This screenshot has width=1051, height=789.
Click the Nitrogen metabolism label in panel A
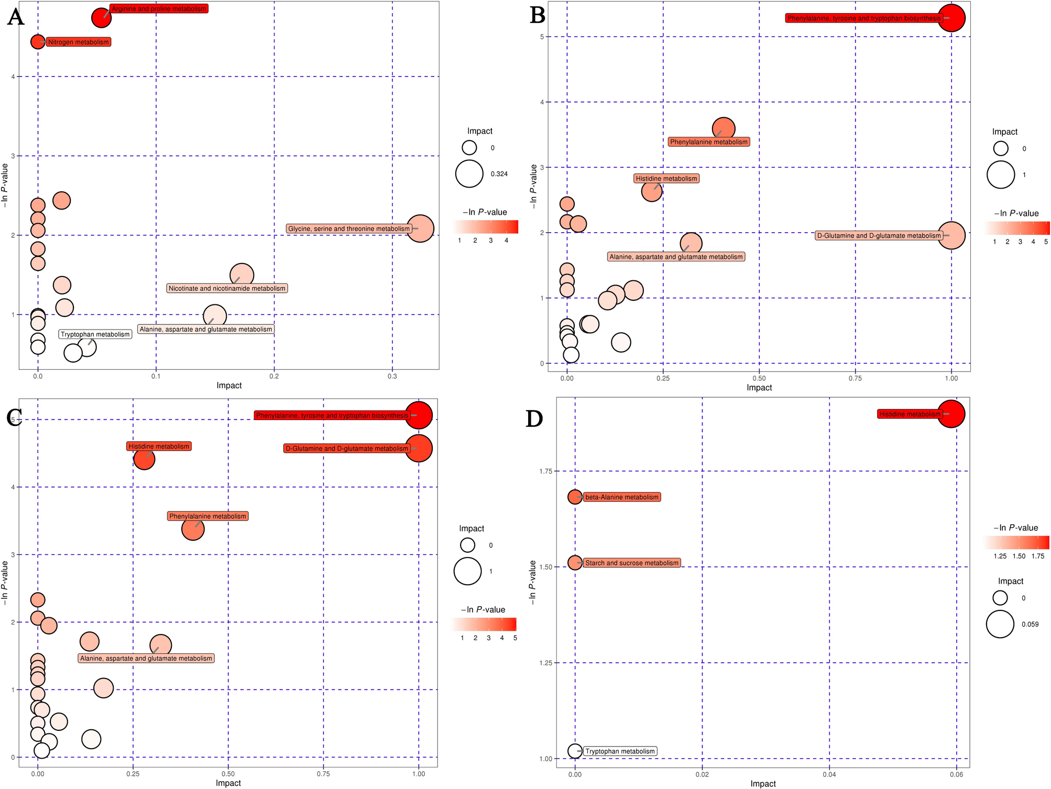(x=79, y=42)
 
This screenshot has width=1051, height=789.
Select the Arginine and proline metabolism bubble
(x=101, y=17)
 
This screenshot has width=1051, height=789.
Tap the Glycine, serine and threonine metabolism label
(x=349, y=229)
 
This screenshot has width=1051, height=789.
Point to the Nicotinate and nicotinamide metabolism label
(x=227, y=288)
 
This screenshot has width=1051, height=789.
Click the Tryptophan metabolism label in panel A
(x=95, y=334)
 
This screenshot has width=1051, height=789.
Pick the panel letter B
(x=538, y=16)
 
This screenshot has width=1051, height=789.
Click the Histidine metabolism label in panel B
(x=666, y=179)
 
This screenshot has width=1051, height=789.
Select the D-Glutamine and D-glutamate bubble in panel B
(x=951, y=235)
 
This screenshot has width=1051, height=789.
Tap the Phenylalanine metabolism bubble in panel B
(x=723, y=128)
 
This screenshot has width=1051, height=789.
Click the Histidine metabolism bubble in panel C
(x=144, y=459)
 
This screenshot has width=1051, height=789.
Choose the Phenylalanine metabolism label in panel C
(x=207, y=516)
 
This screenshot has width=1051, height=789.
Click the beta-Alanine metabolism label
(x=621, y=497)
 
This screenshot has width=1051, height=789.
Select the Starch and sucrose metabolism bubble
(x=575, y=563)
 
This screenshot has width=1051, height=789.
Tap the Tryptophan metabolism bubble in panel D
(x=575, y=751)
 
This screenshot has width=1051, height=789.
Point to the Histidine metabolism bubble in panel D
(x=950, y=414)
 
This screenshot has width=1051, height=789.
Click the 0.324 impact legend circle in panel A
(x=469, y=173)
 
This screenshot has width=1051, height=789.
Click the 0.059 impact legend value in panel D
(x=1030, y=624)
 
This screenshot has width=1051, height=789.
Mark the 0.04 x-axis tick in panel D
(x=829, y=774)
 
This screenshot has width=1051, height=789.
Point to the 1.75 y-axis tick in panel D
(x=545, y=472)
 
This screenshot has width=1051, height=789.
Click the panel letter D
(x=534, y=419)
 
